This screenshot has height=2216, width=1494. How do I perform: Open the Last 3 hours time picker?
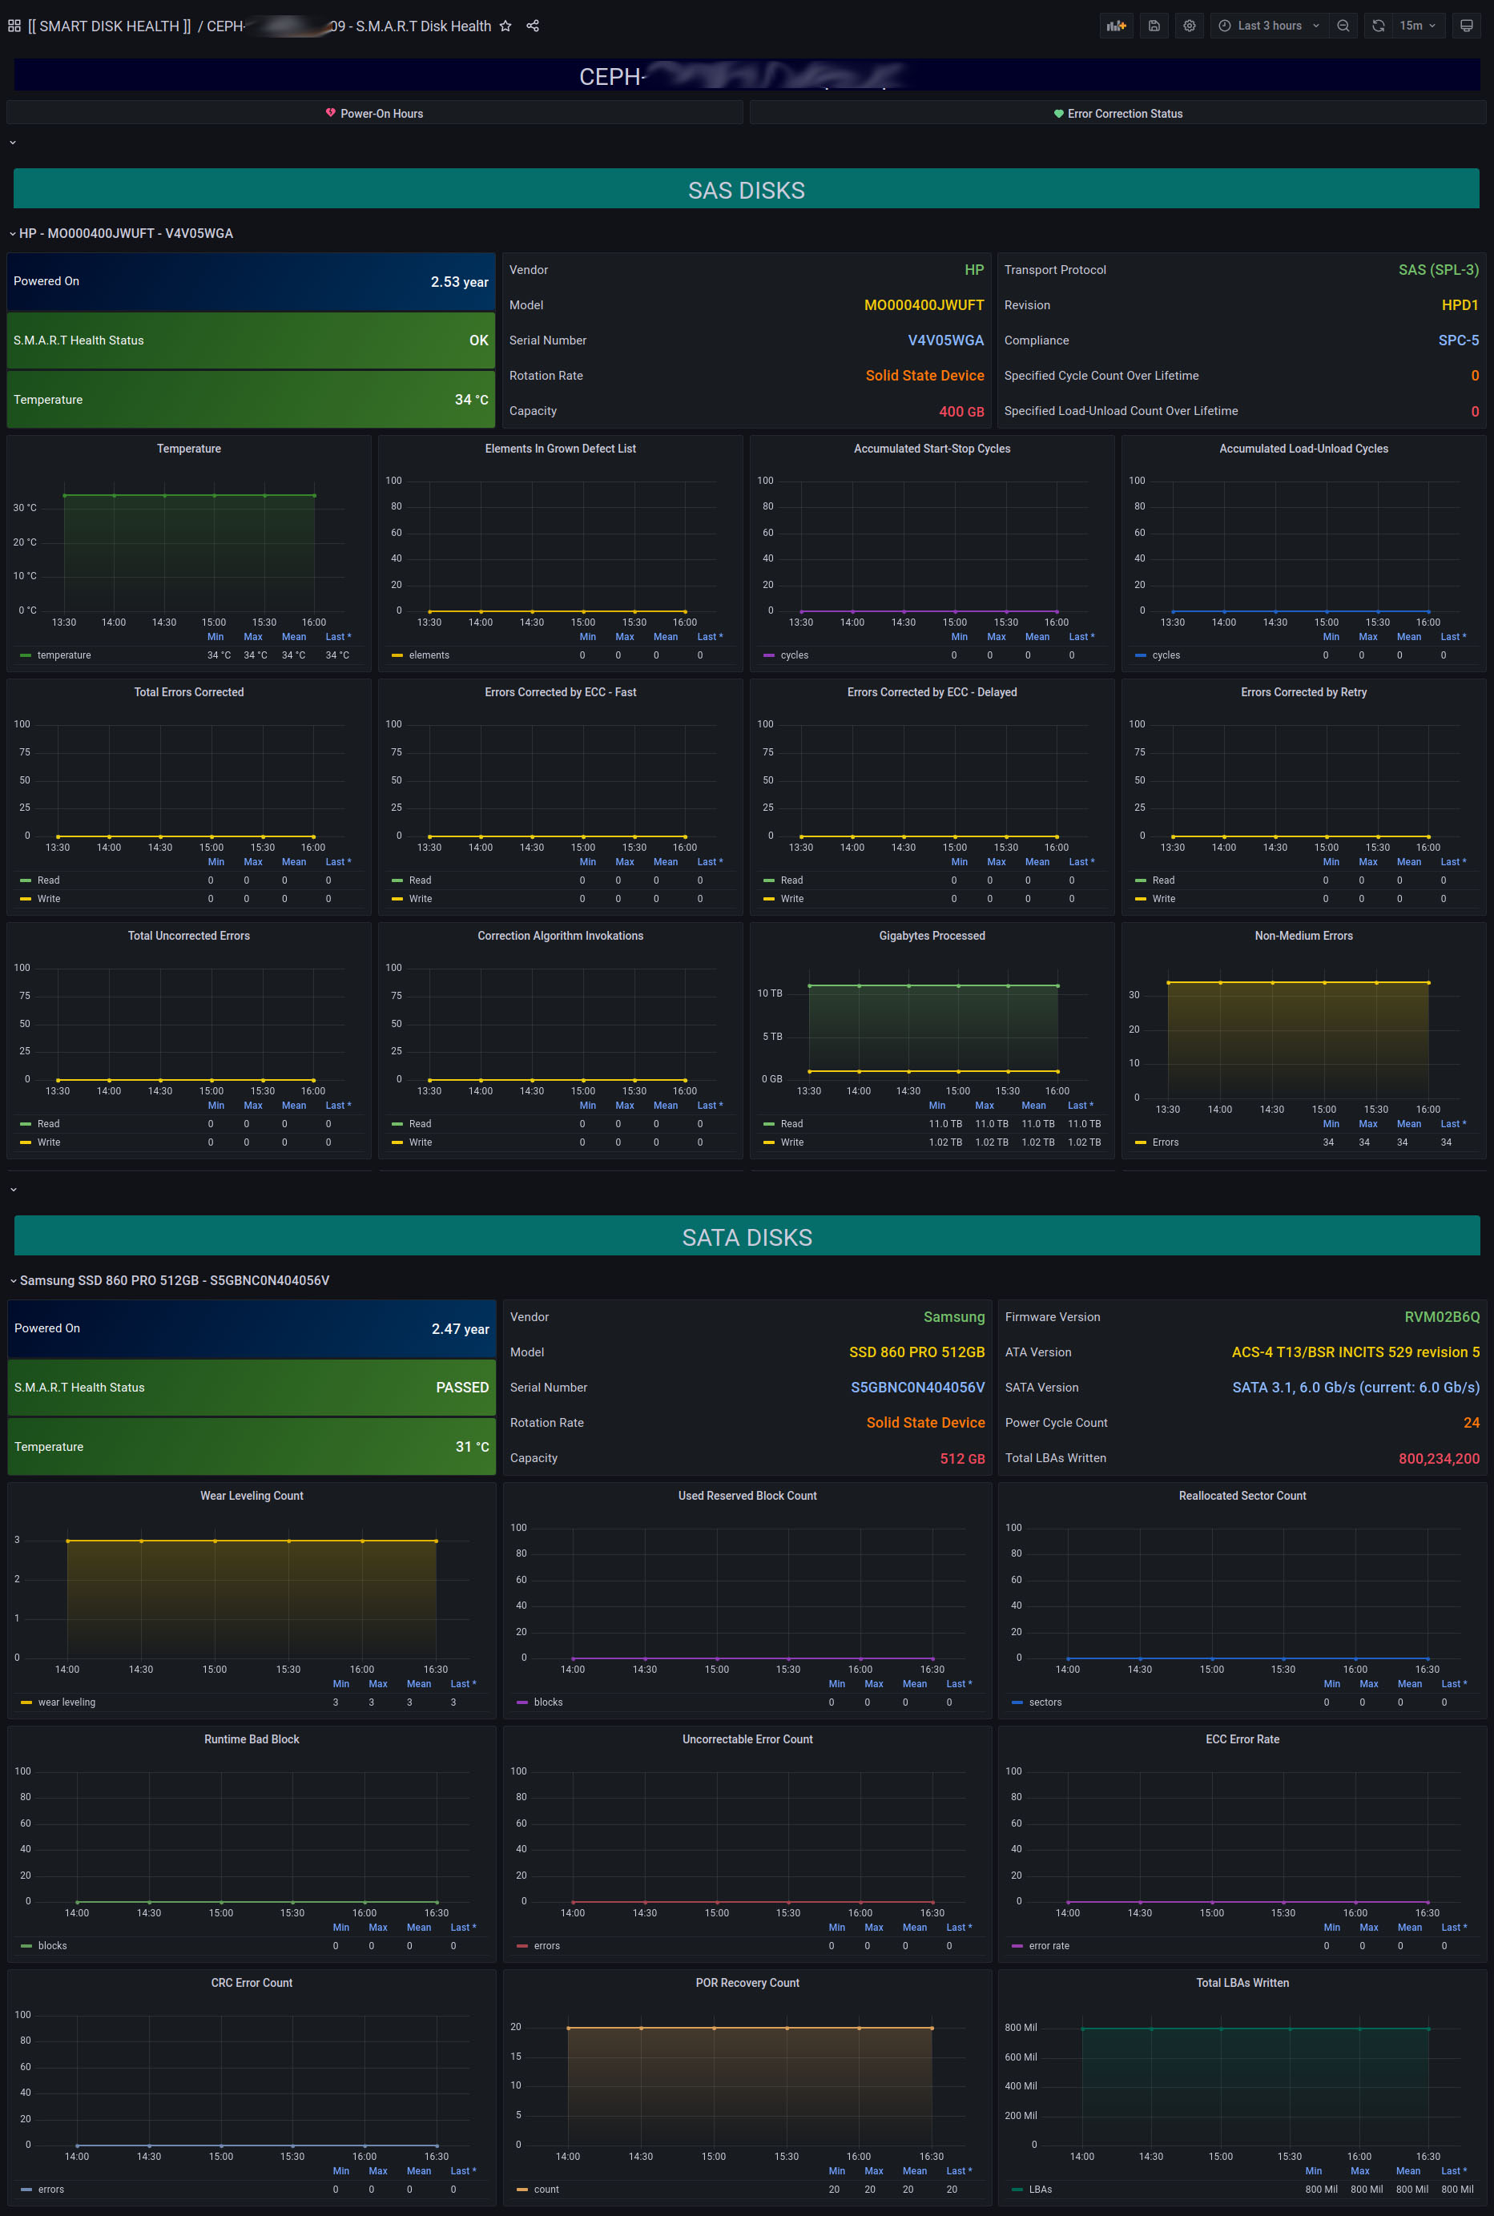pyautogui.click(x=1268, y=26)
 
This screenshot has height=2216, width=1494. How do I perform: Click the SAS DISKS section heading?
pyautogui.click(x=746, y=191)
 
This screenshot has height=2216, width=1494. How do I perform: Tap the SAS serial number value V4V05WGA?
pyautogui.click(x=945, y=340)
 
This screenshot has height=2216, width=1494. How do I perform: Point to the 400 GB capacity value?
pyautogui.click(x=960, y=412)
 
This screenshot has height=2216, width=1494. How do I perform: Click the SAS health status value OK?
pyautogui.click(x=478, y=340)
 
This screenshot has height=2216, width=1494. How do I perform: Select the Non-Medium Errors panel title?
pyautogui.click(x=1303, y=936)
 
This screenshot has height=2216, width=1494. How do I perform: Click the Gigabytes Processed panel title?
pyautogui.click(x=932, y=936)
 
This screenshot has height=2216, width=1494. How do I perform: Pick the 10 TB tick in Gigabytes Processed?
pyautogui.click(x=769, y=993)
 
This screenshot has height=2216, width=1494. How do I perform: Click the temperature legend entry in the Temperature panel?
pyautogui.click(x=64, y=655)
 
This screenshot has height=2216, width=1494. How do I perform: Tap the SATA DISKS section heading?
pyautogui.click(x=746, y=1238)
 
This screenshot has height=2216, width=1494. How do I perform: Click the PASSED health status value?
pyautogui.click(x=462, y=1387)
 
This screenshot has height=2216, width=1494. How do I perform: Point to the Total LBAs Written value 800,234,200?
pyautogui.click(x=1438, y=1459)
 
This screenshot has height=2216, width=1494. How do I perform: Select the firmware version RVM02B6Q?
pyautogui.click(x=1442, y=1316)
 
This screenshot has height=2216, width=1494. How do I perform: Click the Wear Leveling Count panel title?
pyautogui.click(x=252, y=1496)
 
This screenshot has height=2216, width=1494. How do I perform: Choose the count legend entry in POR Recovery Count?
pyautogui.click(x=546, y=2190)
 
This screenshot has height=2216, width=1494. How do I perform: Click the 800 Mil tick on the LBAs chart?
pyautogui.click(x=1021, y=2028)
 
